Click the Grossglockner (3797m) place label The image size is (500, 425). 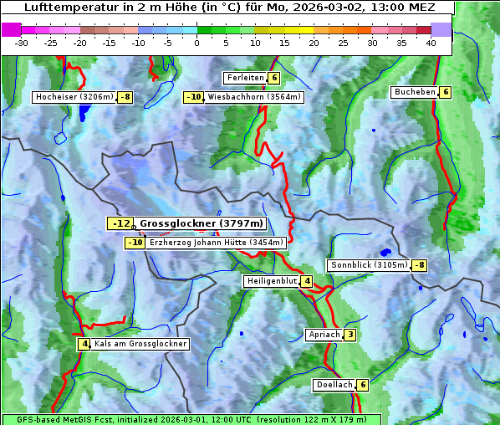point(201,223)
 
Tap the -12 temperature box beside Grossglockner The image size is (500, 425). point(120,223)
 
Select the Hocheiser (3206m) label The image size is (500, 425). point(74,97)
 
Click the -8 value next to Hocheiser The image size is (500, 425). point(125,97)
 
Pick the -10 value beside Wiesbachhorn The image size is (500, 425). point(194,97)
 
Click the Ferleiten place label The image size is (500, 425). point(245,78)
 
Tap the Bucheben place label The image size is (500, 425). point(415,92)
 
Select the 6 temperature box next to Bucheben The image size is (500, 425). point(446,92)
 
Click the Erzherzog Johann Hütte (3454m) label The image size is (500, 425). point(217,243)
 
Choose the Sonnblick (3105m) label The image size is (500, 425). point(369,265)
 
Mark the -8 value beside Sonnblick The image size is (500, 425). point(420,265)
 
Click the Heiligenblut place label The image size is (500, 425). point(272,281)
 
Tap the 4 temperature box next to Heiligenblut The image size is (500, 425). point(307,281)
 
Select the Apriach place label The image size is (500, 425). point(324,335)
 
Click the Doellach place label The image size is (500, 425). point(334,385)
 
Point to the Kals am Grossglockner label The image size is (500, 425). point(140,344)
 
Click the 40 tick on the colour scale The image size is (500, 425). point(431,43)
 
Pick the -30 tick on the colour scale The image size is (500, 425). point(23,43)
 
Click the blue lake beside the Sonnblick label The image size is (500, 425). point(385,251)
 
